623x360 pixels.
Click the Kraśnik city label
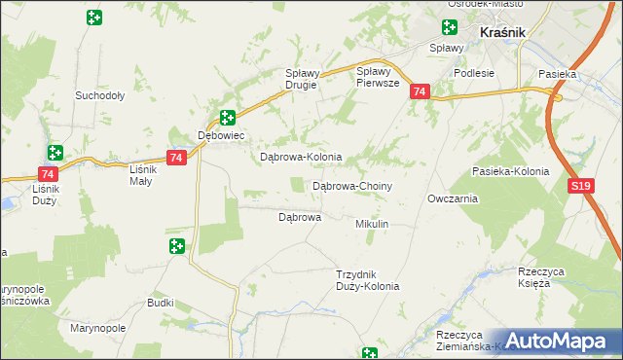click(x=502, y=32)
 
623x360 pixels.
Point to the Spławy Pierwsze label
click(x=379, y=77)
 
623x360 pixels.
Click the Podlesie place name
click(x=474, y=72)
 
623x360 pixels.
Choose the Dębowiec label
click(x=219, y=135)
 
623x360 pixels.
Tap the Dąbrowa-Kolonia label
click(x=300, y=157)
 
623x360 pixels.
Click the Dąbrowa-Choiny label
click(x=351, y=185)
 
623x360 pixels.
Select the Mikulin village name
click(x=372, y=224)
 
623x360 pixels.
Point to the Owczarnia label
click(x=452, y=198)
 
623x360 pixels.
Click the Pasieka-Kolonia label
click(x=510, y=171)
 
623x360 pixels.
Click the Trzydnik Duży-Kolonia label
click(x=367, y=280)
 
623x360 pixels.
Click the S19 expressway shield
click(x=581, y=185)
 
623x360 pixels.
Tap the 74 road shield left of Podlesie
click(x=419, y=91)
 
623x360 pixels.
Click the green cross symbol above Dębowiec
click(x=227, y=118)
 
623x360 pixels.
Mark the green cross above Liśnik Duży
click(x=55, y=152)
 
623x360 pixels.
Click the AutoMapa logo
click(x=558, y=342)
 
